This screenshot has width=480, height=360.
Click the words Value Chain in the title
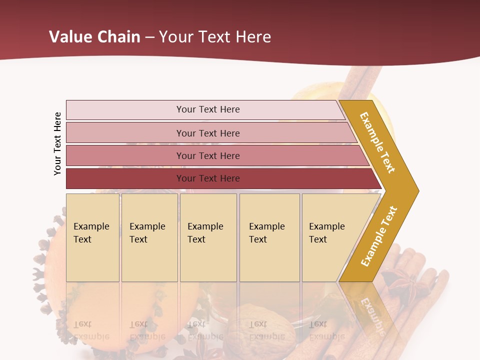pyautogui.click(x=94, y=36)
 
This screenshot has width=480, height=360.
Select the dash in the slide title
pyautogui.click(x=149, y=37)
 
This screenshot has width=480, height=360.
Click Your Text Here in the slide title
pyautogui.click(x=215, y=37)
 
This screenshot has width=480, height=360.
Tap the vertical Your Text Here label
pyautogui.click(x=57, y=143)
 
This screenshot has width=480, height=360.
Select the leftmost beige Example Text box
pyautogui.click(x=92, y=237)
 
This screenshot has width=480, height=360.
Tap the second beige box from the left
pyautogui.click(x=149, y=237)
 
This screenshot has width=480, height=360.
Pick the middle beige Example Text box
pyautogui.click(x=208, y=237)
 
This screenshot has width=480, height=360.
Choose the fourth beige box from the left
pyautogui.click(x=269, y=237)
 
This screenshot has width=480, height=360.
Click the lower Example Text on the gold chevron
pyautogui.click(x=379, y=236)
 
